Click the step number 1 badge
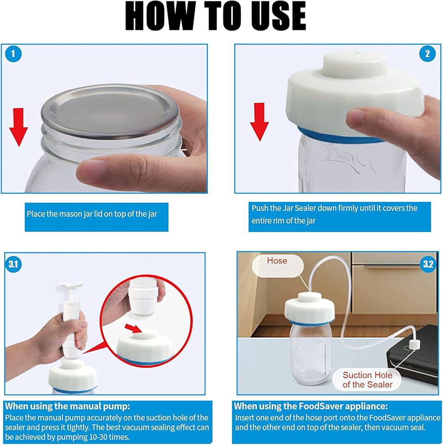click(13, 54)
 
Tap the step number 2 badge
click(427, 54)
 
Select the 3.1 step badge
click(13, 264)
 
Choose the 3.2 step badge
click(428, 264)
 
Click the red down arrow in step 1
click(18, 127)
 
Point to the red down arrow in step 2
click(259, 122)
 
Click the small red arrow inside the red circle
click(133, 329)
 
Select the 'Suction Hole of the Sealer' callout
click(367, 380)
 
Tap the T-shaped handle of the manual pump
click(72, 285)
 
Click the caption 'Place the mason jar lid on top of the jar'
click(92, 214)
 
